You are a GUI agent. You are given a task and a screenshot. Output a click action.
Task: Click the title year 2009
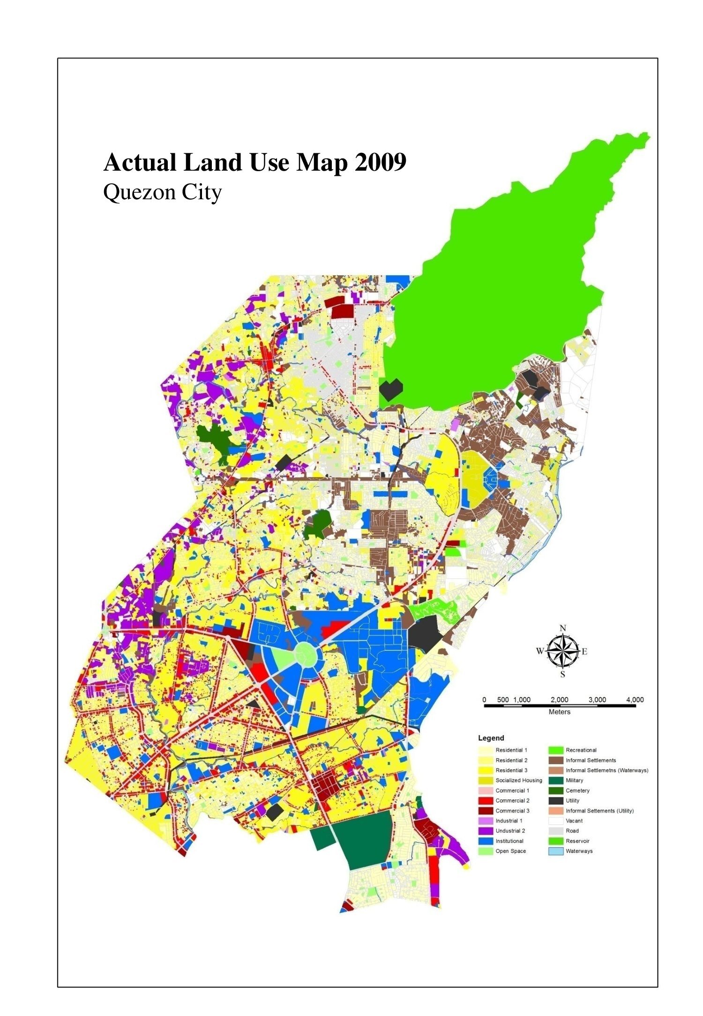point(380,163)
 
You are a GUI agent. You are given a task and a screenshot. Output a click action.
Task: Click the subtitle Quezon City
point(162,192)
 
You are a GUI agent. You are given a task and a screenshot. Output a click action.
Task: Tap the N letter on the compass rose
point(563,628)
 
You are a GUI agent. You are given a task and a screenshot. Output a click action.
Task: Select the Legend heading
point(491,738)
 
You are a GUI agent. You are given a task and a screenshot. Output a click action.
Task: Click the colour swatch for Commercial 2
point(486,800)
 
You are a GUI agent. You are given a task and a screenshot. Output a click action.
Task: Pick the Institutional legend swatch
point(486,841)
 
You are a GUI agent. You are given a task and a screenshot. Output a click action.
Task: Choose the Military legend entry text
point(574,780)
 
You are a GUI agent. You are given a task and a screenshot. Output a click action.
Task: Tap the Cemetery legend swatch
point(556,790)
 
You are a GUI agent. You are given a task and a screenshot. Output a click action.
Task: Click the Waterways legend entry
point(579,851)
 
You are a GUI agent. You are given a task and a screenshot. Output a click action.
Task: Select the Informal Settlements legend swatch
point(556,760)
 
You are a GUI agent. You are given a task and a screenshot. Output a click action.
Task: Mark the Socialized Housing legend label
point(518,780)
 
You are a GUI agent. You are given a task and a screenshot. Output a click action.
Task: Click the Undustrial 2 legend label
point(510,830)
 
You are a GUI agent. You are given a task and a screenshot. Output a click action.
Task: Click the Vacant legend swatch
point(556,820)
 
